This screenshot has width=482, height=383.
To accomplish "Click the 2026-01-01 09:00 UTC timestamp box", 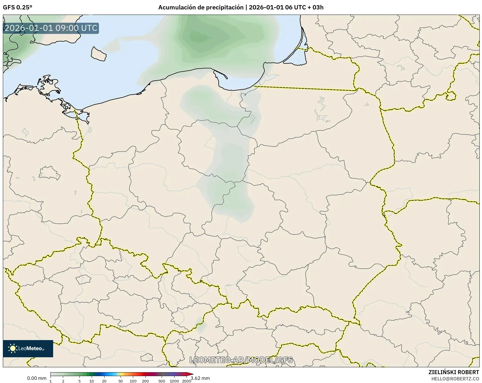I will coord(51,28).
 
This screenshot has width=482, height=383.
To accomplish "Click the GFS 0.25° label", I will coord(17,7).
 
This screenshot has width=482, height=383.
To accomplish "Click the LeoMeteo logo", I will coord(28,348).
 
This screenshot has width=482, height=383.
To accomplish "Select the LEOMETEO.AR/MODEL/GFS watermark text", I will coord(241,360).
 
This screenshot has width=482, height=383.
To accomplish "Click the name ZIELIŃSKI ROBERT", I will coord(453,372).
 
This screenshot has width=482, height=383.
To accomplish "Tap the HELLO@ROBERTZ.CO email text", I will coord(455,379).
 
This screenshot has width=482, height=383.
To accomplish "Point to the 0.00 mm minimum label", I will coord(37,378).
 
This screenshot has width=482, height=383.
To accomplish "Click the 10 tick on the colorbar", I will coord(92,381).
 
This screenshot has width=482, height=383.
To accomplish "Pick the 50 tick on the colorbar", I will coord(121,381).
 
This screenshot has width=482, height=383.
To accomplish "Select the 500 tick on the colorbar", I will coord(162,381).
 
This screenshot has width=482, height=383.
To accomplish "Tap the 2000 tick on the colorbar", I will coord(187,381).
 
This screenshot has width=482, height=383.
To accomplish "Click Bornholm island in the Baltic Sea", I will coord(99,54).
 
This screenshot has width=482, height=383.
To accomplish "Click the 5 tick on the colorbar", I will coord(79,381).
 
